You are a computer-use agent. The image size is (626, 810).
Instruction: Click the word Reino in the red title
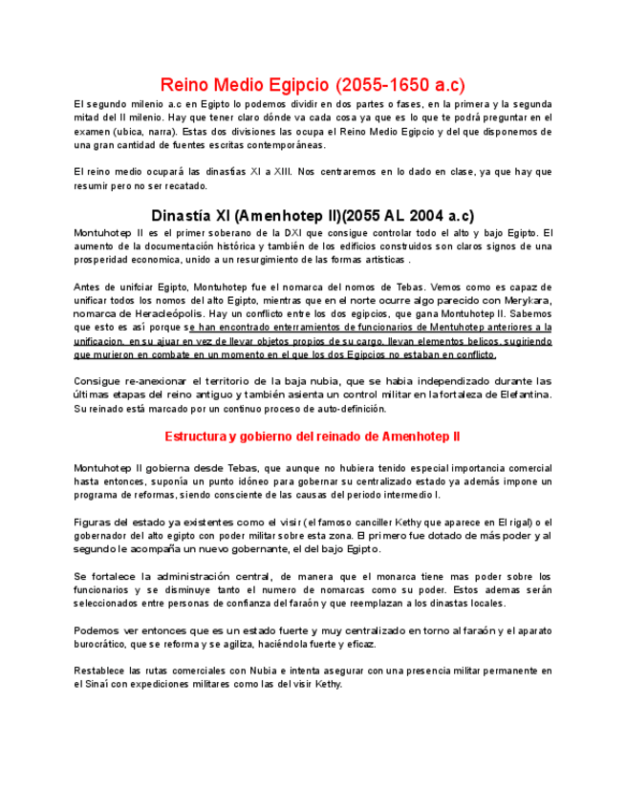point(184,84)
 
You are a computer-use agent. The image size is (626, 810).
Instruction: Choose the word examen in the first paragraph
point(92,132)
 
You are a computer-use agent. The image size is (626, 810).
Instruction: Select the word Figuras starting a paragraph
point(94,522)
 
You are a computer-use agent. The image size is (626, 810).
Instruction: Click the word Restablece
point(102,671)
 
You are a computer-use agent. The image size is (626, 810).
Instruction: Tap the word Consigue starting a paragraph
point(97,380)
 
